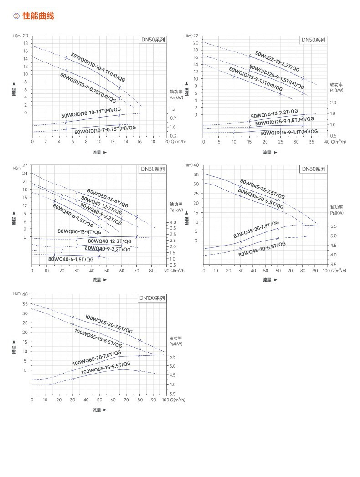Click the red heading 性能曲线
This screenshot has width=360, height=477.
pos(38,16)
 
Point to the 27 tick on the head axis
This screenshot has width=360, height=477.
pos(26,165)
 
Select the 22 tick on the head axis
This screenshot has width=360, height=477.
pos(196,36)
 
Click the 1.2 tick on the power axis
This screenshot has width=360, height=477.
pos(173,109)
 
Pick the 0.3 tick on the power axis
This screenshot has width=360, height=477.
pos(173,136)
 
